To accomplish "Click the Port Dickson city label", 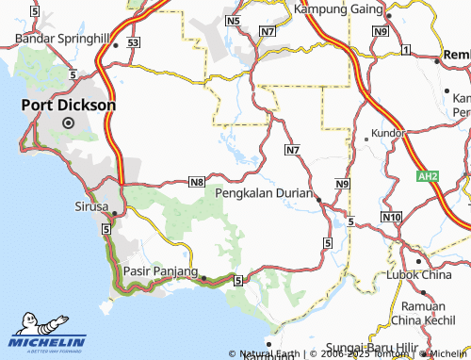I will pyautogui.click(x=71, y=106).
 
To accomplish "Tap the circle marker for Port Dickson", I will pyautogui.click(x=68, y=123).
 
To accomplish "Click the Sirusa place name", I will pyautogui.click(x=91, y=205).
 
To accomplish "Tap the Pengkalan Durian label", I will pyautogui.click(x=263, y=191).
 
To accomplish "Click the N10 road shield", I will pyautogui.click(x=392, y=218).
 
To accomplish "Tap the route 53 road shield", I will pyautogui.click(x=134, y=43).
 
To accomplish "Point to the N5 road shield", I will pyautogui.click(x=235, y=20).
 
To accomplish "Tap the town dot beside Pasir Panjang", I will pyautogui.click(x=203, y=277).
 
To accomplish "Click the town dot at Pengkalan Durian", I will pyautogui.click(x=317, y=199).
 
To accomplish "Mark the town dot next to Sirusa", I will pyautogui.click(x=113, y=213).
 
